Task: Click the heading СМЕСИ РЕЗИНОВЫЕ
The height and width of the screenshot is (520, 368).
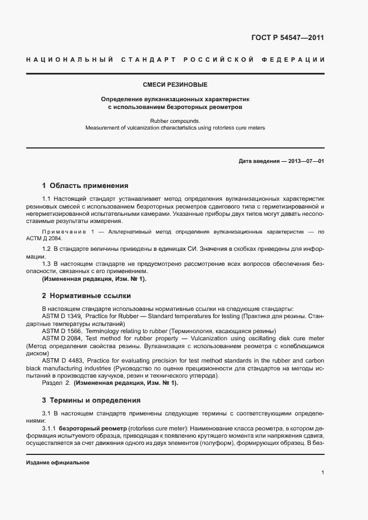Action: (175, 85)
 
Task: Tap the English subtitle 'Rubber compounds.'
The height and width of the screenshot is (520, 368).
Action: (175, 120)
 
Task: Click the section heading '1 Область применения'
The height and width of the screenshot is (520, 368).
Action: (85, 186)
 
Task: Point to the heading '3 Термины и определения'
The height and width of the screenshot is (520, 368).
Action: (91, 400)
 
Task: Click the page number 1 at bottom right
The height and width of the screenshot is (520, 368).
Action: (323, 473)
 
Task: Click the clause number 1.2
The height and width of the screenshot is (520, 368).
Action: (47, 247)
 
